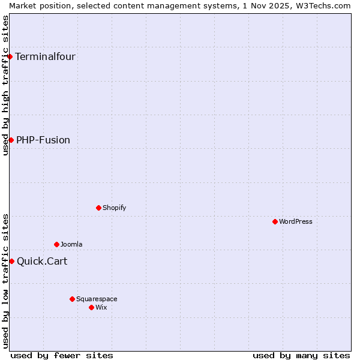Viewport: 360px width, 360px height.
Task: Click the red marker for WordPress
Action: [x=275, y=221]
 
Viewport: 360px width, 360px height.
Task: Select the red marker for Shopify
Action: [x=98, y=208]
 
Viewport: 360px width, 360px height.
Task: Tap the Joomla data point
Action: [x=56, y=244]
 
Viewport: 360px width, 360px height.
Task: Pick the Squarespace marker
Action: [x=72, y=299]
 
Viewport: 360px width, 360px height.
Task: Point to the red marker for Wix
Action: [x=91, y=307]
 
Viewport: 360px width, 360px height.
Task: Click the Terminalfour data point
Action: [x=10, y=56]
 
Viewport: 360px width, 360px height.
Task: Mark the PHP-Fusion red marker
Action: [x=11, y=140]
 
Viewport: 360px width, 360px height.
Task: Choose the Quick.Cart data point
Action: [x=11, y=261]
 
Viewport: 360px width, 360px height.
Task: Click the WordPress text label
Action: [x=296, y=221]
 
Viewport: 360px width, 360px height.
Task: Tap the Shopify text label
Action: [x=114, y=208]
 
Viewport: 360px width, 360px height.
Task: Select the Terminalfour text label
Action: [x=45, y=57]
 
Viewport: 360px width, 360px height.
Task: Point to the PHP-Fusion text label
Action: [x=43, y=140]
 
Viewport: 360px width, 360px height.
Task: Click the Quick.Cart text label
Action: [x=42, y=262]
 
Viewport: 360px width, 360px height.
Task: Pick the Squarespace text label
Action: [x=97, y=299]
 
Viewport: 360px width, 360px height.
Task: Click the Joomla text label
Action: [x=71, y=244]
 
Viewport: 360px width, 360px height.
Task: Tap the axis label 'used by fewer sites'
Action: [x=62, y=355]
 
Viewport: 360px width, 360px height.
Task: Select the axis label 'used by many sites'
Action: [x=301, y=355]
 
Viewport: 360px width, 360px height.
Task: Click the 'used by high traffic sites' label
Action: [x=5, y=85]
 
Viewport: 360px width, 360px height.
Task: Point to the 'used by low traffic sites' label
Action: [x=5, y=281]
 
